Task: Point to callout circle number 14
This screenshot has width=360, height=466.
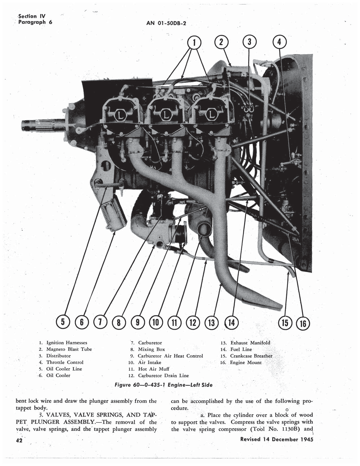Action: (231, 322)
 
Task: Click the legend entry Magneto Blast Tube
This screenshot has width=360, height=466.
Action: (69, 349)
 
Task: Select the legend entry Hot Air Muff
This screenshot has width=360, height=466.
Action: (154, 369)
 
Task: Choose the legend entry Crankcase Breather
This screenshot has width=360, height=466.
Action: (251, 356)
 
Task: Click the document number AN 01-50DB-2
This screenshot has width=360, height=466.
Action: (166, 23)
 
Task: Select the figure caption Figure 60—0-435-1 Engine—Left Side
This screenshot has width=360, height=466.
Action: (163, 385)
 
